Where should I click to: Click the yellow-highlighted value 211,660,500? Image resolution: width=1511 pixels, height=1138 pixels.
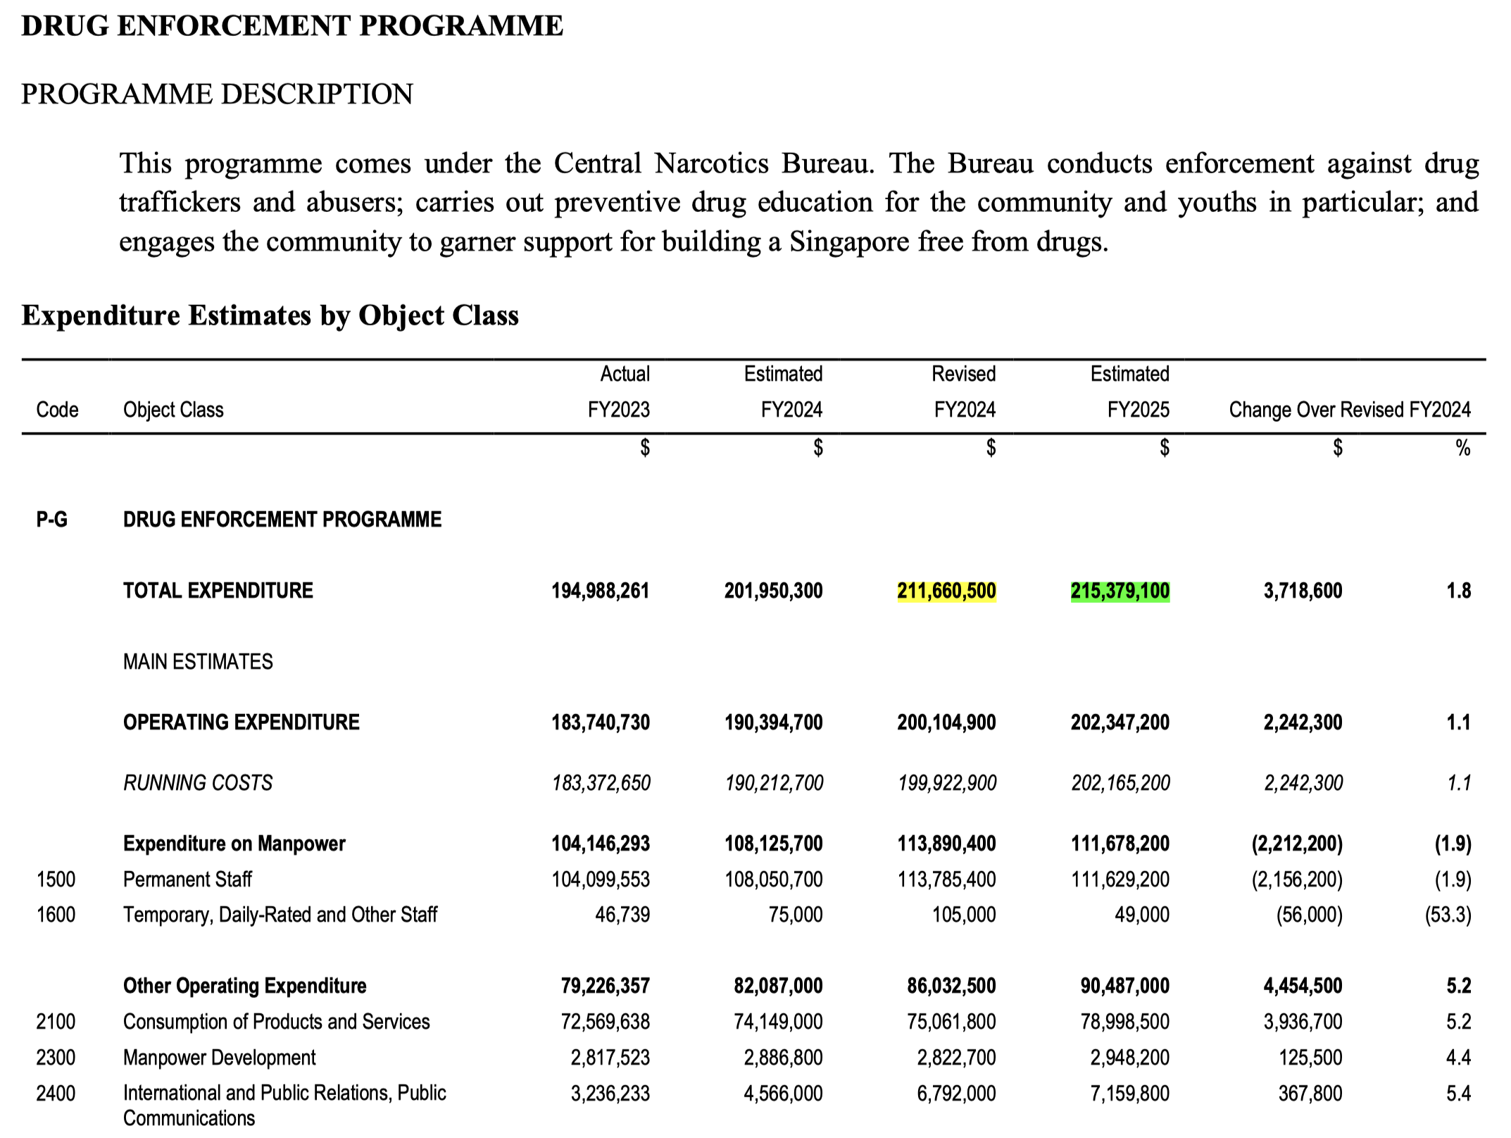946,591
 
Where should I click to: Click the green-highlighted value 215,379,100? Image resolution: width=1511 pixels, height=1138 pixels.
1120,591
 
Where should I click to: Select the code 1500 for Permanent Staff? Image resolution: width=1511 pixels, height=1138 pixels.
56,880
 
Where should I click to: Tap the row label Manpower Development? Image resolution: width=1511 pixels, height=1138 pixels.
219,1058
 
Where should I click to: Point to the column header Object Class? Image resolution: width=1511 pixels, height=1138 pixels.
173,410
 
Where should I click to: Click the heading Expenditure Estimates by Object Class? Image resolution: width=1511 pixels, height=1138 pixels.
270,315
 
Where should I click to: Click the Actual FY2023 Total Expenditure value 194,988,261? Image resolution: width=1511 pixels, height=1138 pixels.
600,591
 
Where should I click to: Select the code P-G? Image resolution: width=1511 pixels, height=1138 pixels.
52,520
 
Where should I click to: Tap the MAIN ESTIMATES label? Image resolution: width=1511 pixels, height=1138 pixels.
198,662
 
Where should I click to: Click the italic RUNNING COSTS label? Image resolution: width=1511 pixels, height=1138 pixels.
198,783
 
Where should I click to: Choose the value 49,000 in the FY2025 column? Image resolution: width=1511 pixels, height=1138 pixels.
1141,915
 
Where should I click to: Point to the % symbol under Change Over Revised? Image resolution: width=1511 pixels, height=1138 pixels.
1462,448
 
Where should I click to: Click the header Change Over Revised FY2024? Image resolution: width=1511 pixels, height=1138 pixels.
1349,410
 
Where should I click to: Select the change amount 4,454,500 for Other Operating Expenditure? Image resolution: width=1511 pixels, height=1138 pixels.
1303,986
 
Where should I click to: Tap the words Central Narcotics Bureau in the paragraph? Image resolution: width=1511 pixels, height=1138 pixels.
713,163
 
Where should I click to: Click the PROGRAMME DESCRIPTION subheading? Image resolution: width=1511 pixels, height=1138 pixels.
217,94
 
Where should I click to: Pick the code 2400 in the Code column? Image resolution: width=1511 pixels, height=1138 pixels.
56,1094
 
